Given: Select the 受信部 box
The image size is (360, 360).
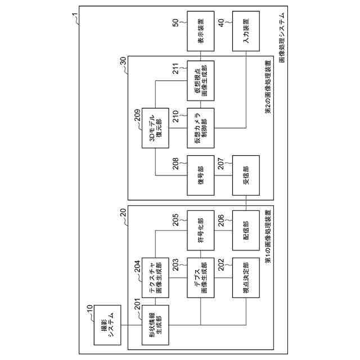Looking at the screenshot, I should pyautogui.click(x=245, y=175).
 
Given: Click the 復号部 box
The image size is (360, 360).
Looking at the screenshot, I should pyautogui.click(x=200, y=175).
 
